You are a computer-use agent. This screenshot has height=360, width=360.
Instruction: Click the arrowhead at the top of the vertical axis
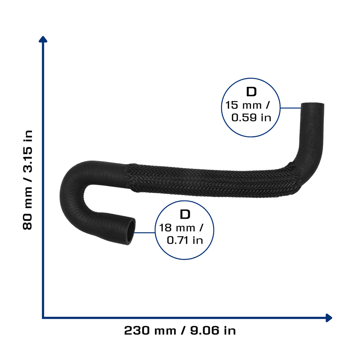pos(43,39)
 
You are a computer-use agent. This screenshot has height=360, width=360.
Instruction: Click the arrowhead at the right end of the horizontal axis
pos(329,318)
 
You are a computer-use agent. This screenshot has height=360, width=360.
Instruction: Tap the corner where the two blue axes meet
pos(43,318)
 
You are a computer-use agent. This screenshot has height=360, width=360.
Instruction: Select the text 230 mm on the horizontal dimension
pos(150,330)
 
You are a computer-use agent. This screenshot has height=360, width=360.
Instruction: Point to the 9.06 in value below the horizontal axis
pos(213,330)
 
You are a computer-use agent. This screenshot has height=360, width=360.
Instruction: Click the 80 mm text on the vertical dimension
pos(27,208)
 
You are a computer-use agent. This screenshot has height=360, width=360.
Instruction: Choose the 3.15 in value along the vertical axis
pos(27,152)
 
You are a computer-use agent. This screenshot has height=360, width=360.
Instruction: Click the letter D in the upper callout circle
pos(251,92)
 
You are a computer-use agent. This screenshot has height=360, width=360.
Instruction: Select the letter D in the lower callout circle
pos(185,214)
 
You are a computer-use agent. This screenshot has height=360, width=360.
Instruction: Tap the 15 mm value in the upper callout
pos(243,105)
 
